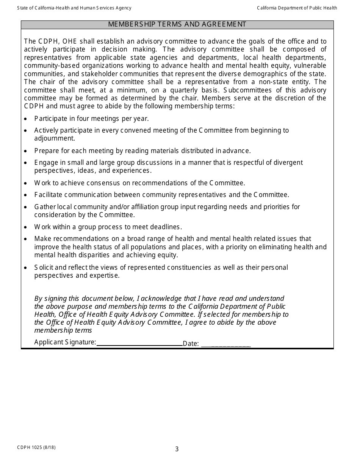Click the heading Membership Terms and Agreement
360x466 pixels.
(177, 24)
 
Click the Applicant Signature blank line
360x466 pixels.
(139, 344)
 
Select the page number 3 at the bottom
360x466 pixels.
(177, 449)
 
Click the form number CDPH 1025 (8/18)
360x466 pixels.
(36, 447)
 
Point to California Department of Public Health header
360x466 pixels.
(297, 8)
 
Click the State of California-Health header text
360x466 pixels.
(74, 8)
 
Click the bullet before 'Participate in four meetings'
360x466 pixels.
(25, 119)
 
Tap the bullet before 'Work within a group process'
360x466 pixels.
(25, 227)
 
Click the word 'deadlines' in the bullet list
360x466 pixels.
(167, 227)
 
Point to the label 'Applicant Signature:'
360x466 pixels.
(65, 342)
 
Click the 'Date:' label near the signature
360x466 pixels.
(191, 344)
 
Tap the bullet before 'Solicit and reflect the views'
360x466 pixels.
(25, 268)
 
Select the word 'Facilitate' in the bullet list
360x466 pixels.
(49, 195)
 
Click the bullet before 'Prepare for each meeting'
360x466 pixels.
(25, 151)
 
